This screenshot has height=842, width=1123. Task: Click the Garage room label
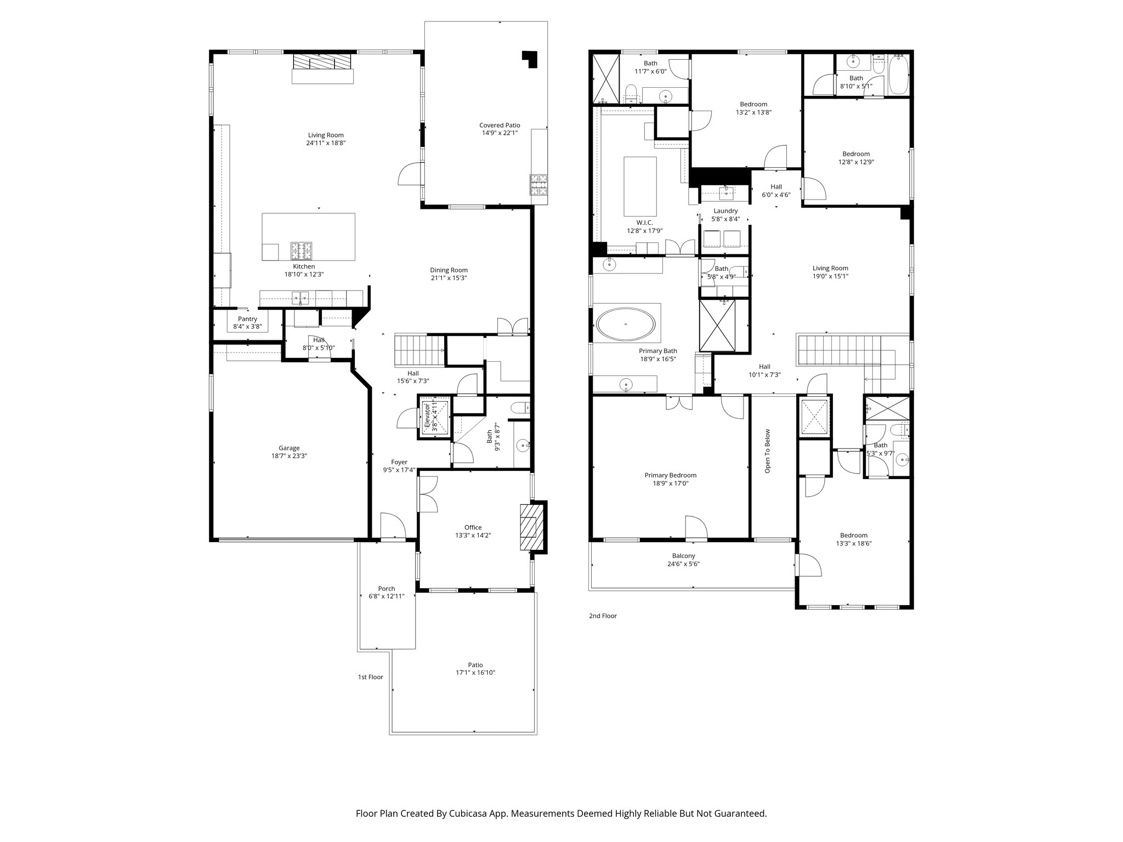click(289, 448)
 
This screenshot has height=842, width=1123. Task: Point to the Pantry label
click(247, 319)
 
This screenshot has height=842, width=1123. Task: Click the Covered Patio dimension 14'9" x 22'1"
click(500, 133)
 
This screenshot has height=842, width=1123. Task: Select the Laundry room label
click(725, 211)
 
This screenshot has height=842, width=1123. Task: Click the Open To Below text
click(767, 451)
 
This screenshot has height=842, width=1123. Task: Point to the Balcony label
click(683, 556)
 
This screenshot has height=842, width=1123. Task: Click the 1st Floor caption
click(370, 677)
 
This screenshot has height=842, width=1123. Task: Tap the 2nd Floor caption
click(603, 616)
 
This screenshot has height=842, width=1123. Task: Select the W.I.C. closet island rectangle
click(640, 186)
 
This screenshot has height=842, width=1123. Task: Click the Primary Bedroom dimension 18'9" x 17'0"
click(670, 483)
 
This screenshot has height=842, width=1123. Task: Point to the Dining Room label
click(449, 270)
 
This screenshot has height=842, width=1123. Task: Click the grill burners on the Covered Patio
click(538, 185)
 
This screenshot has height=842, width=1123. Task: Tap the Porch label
click(386, 589)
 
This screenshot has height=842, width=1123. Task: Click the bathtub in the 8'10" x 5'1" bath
click(899, 76)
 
